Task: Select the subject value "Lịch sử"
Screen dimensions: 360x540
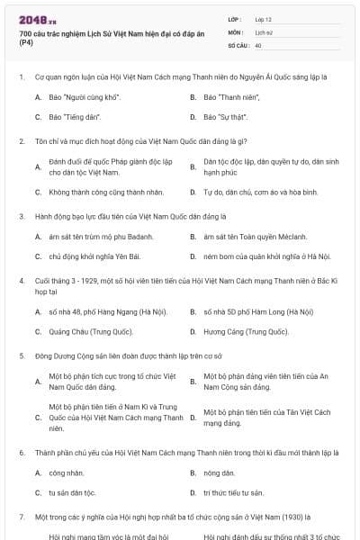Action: coord(264,31)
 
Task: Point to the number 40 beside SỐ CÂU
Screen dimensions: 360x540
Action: coord(258,44)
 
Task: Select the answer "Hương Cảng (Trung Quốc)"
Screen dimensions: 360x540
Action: coord(245,332)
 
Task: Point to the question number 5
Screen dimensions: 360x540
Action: coord(21,356)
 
